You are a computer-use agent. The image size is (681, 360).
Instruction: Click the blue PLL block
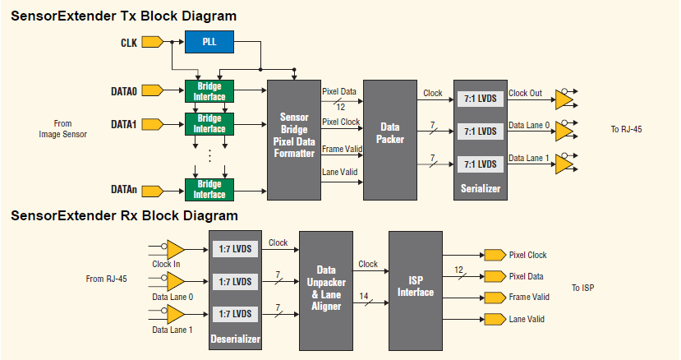pyautogui.click(x=209, y=41)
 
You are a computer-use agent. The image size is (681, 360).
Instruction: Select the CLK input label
pyautogui.click(x=129, y=41)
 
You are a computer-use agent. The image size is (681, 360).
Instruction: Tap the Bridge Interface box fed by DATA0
pyautogui.click(x=209, y=90)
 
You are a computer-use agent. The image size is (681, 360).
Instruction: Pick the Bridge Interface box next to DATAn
pyautogui.click(x=209, y=189)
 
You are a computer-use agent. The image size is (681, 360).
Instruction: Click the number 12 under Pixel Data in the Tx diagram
pyautogui.click(x=342, y=107)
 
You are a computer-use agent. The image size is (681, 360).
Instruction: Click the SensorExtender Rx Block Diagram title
pyautogui.click(x=124, y=216)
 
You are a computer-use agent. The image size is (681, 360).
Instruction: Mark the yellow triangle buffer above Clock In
pyautogui.click(x=174, y=248)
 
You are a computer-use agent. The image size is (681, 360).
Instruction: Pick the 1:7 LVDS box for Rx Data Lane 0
pyautogui.click(x=234, y=281)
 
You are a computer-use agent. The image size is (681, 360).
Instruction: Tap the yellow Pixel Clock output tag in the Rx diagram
pyautogui.click(x=495, y=255)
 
